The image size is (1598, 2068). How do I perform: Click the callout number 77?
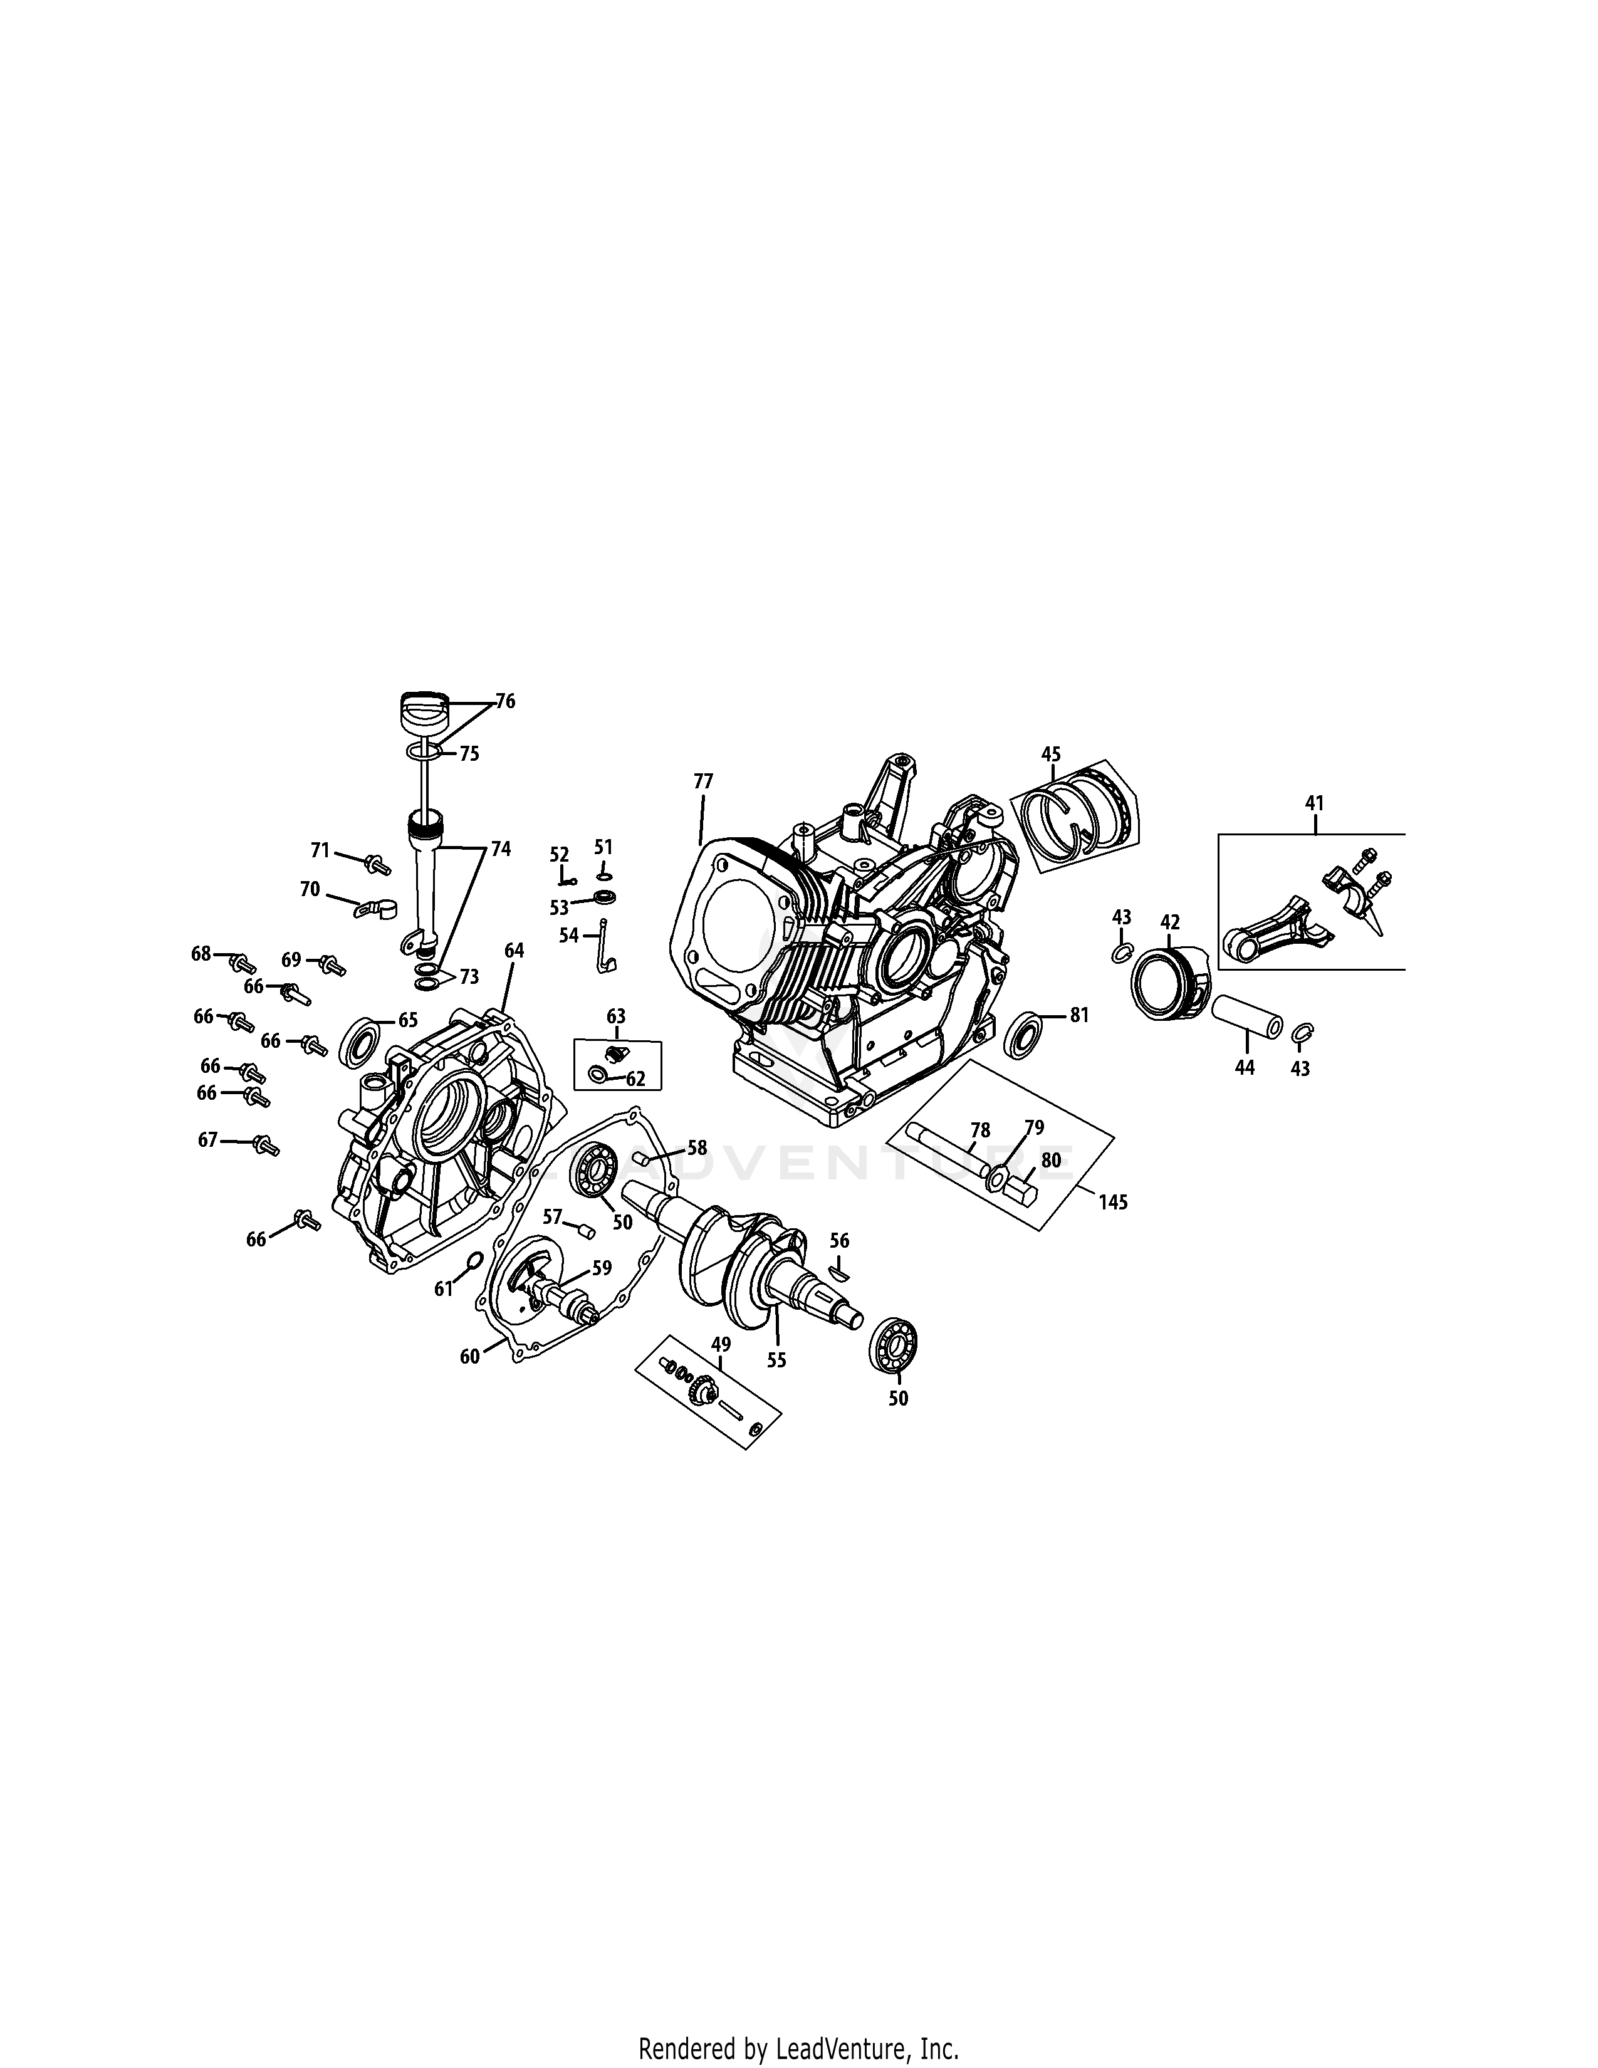[702, 781]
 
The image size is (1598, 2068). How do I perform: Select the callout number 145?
[1114, 1203]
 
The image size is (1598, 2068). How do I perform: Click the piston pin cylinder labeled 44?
[1248, 1016]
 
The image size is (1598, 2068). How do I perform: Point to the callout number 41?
[1314, 803]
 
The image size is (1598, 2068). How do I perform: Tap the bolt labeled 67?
[266, 1146]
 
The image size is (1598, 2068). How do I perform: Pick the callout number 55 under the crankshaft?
[776, 1360]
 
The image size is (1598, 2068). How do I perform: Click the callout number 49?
[721, 1345]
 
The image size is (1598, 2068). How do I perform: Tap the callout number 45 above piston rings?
[1051, 754]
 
